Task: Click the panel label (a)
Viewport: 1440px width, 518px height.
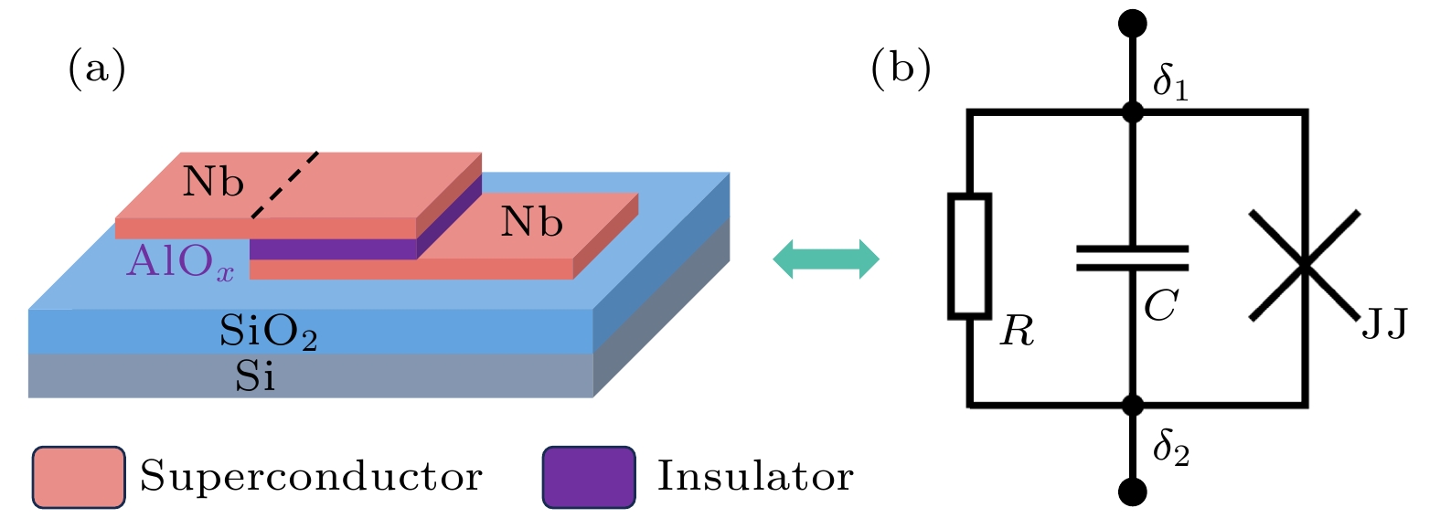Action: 97,69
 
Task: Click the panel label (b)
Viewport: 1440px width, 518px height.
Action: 901,69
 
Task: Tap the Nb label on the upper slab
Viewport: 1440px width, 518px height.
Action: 213,182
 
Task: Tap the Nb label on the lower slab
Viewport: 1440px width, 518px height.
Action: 531,222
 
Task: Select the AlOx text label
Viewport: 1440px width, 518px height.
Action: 180,262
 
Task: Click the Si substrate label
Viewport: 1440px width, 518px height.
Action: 255,375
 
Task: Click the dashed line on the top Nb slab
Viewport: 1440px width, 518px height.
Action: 285,185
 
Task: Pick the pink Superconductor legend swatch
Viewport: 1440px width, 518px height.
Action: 79,477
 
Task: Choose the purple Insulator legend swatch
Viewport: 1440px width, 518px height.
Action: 588,477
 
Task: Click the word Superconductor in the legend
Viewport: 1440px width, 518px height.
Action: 311,476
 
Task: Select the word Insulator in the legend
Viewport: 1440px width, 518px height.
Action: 755,476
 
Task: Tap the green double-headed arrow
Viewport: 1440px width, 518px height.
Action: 826,259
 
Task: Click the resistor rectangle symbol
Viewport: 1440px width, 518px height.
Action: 969,256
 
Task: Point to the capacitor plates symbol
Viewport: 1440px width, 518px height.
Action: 1132,258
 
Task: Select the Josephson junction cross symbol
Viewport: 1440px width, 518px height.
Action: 1305,265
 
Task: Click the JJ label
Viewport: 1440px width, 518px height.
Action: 1384,324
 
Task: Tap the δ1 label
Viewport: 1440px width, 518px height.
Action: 1170,82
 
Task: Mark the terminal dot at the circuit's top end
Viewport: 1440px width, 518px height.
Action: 1132,23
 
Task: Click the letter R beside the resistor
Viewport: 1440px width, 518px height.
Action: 1017,331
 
